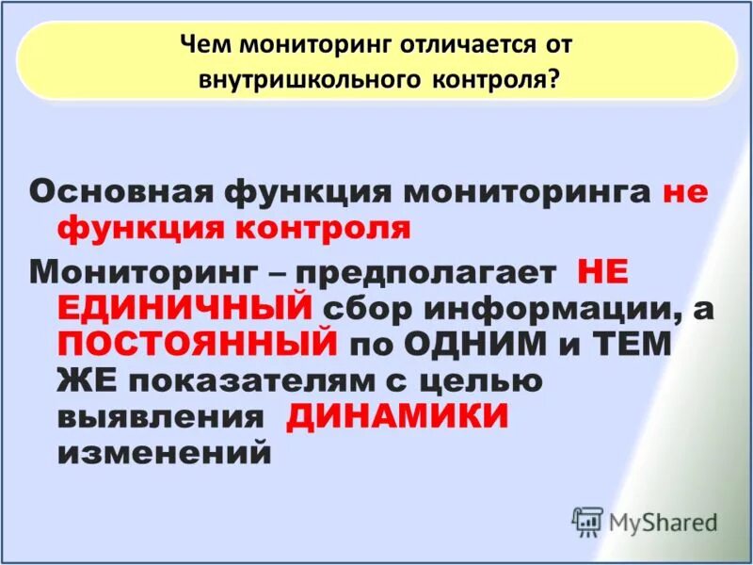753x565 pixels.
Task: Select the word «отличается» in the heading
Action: (x=453, y=44)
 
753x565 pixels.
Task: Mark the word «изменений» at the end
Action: (x=164, y=453)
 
